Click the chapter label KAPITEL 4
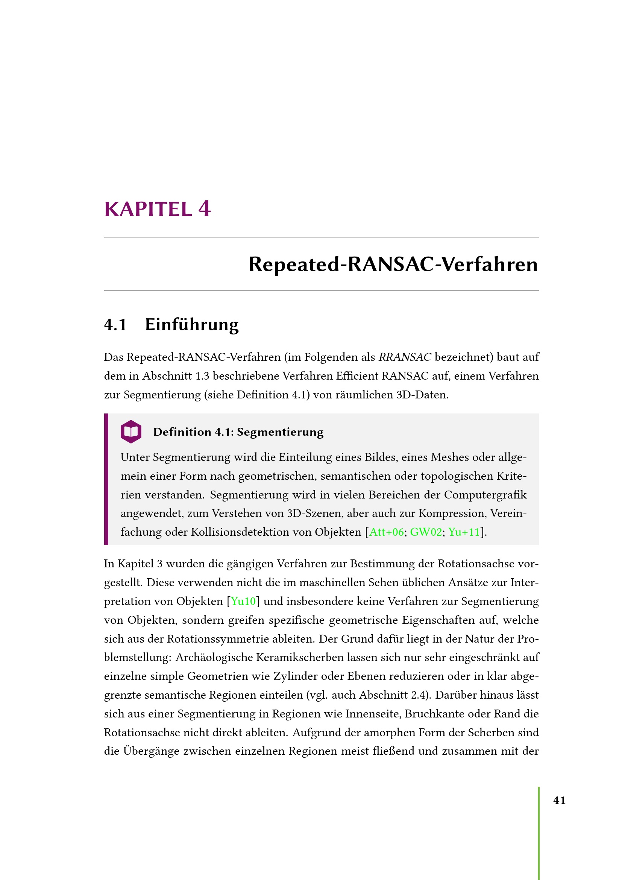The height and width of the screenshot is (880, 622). [158, 209]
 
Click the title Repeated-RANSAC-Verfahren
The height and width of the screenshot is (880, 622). [393, 264]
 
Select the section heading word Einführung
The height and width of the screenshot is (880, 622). [192, 324]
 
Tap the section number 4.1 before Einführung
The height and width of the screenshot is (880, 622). [115, 325]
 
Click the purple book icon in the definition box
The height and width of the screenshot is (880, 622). [131, 432]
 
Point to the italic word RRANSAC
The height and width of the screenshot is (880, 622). [405, 357]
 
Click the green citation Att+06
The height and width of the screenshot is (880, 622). [387, 532]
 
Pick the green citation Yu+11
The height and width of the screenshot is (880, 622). [464, 532]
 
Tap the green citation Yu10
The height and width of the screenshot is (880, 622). [243, 601]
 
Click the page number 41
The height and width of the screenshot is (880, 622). [560, 800]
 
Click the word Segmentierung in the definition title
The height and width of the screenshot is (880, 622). [280, 432]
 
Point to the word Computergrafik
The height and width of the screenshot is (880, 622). [485, 495]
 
